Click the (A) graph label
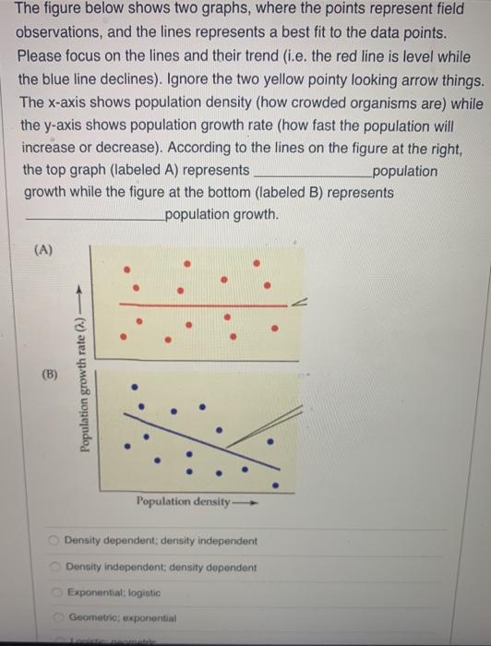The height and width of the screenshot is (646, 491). pos(44,250)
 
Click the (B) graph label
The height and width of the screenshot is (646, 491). pos(49,377)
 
